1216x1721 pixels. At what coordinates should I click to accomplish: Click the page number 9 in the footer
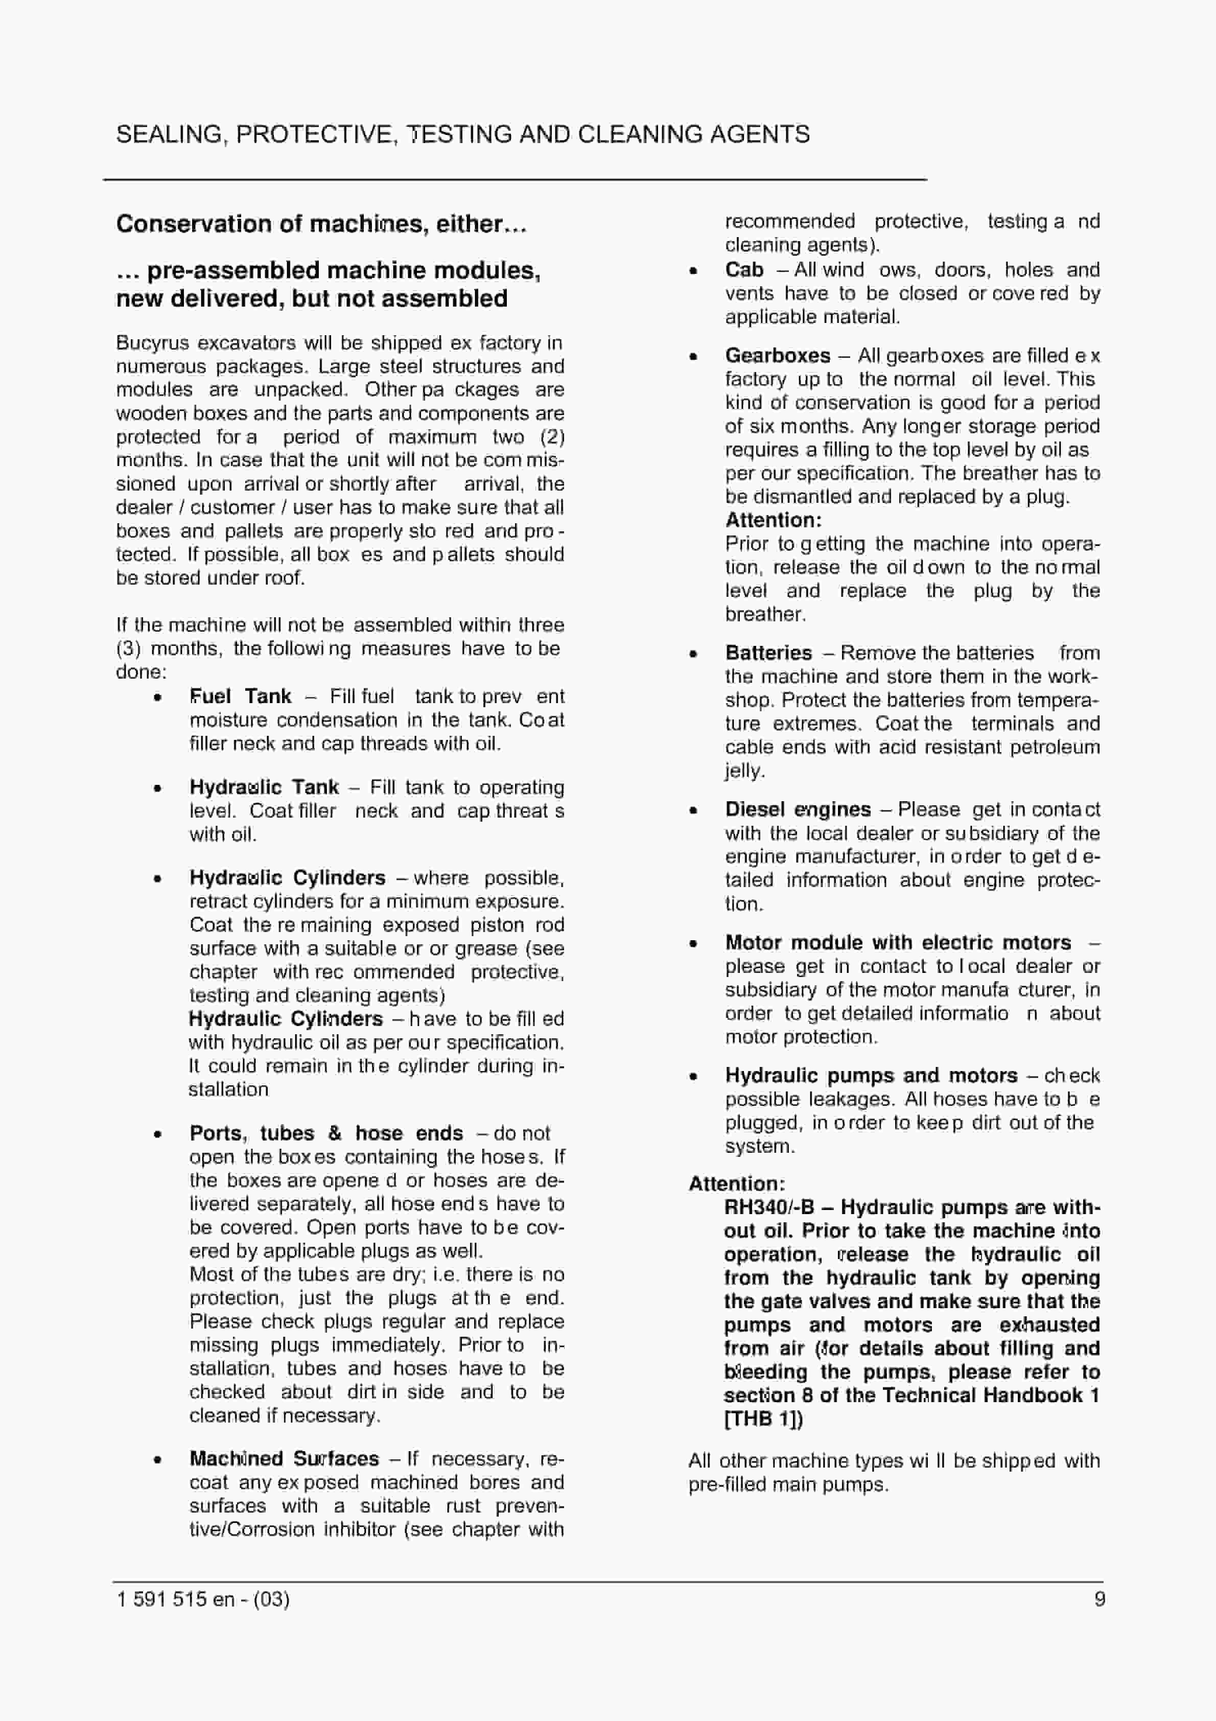click(1099, 1599)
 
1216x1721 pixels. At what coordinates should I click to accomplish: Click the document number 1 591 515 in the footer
click(161, 1599)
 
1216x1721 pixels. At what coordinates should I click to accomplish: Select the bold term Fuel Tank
click(240, 696)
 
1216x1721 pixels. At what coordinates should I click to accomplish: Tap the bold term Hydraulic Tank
click(264, 787)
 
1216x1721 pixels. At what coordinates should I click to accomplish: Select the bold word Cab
click(744, 270)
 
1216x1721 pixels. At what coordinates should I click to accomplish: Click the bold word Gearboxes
click(778, 355)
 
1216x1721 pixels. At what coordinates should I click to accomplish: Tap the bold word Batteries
click(768, 653)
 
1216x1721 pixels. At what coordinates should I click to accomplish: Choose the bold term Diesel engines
click(798, 809)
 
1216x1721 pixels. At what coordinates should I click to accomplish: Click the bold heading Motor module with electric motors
click(897, 942)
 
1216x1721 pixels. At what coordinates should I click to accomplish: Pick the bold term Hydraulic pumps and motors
click(871, 1076)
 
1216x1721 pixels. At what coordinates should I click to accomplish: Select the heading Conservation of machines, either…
click(321, 223)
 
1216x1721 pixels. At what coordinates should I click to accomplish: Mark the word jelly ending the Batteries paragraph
click(742, 771)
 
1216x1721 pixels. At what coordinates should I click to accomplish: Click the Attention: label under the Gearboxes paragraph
click(773, 520)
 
